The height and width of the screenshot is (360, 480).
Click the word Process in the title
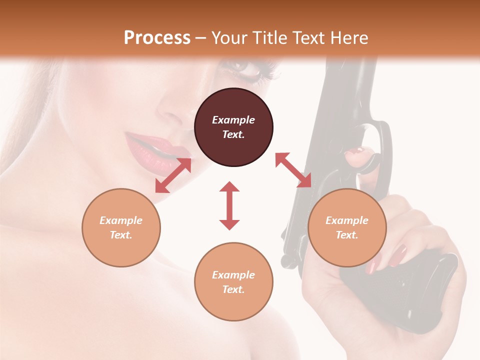[x=157, y=38]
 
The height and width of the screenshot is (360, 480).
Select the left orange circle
[x=121, y=227]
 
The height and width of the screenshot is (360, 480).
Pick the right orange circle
[x=347, y=227]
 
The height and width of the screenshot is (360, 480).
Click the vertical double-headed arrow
[x=229, y=205]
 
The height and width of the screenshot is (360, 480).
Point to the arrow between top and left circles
[x=173, y=175]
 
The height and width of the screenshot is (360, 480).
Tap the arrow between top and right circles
[x=293, y=170]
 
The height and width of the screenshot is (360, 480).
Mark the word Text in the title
[x=305, y=38]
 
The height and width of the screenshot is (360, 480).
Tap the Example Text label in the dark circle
[x=233, y=127]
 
